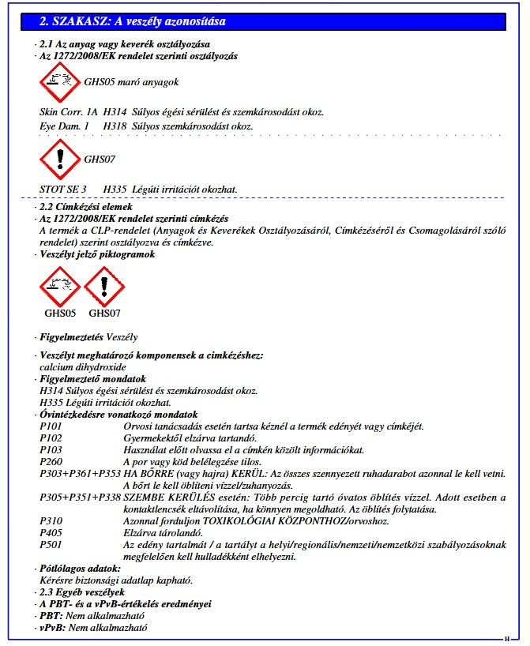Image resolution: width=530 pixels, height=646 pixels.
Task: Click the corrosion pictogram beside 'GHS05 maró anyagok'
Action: pos(59,81)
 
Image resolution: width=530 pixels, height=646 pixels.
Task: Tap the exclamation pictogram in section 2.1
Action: pos(59,159)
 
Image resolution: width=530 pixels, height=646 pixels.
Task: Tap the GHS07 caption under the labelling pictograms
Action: pos(104,312)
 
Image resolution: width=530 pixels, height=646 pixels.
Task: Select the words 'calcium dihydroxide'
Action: pos(82,367)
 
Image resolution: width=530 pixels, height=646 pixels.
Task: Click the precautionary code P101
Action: pos(51,426)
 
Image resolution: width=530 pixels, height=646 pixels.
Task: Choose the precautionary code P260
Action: pos(51,462)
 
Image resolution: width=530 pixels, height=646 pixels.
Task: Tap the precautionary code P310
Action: pos(51,521)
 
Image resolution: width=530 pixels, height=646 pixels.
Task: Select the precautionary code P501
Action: pos(51,545)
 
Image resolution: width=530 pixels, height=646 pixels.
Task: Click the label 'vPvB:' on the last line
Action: pos(51,628)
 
